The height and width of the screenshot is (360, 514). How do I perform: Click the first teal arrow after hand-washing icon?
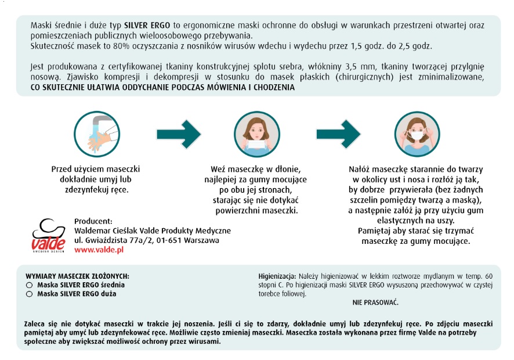coord(178,134)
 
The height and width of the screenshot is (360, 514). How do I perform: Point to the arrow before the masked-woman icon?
coord(338,134)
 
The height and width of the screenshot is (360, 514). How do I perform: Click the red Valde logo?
coord(48,235)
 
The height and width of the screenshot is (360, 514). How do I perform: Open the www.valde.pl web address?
coord(99,250)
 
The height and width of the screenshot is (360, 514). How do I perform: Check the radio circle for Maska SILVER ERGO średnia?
coord(29,286)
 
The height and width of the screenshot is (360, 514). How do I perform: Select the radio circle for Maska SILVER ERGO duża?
coord(29,294)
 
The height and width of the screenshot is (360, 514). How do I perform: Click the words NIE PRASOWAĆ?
coord(375,303)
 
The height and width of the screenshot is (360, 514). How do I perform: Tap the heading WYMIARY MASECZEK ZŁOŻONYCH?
coord(77,276)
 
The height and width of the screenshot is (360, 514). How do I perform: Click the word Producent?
coord(93,221)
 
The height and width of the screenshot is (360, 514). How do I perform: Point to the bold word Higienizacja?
coord(277,276)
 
